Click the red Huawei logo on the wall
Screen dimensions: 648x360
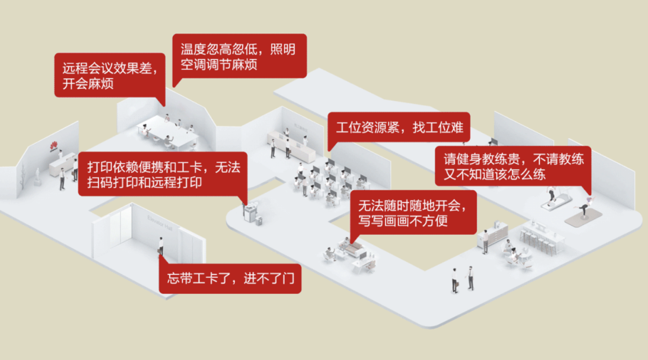point(54,146)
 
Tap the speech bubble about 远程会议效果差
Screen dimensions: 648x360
point(110,75)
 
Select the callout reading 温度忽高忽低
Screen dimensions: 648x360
point(239,56)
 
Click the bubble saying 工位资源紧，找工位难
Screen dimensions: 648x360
point(399,128)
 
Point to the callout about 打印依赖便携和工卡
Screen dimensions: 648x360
point(163,174)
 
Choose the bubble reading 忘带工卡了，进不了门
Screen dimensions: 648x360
point(230,278)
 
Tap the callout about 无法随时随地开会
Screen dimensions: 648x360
point(413,213)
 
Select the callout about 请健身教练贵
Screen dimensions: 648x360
point(513,166)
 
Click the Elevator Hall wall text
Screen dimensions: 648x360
point(159,223)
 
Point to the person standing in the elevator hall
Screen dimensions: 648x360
point(161,246)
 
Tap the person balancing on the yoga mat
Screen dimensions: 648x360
point(584,206)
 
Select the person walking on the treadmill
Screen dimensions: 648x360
point(552,195)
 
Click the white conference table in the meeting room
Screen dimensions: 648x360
point(167,132)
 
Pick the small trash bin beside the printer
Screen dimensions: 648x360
point(259,221)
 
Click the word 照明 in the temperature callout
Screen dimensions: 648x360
point(282,49)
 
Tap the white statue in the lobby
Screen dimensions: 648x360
point(37,176)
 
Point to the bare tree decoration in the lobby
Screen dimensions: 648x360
point(23,176)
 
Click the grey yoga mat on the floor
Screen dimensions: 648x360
point(583,217)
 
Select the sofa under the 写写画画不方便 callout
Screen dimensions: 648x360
point(352,249)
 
